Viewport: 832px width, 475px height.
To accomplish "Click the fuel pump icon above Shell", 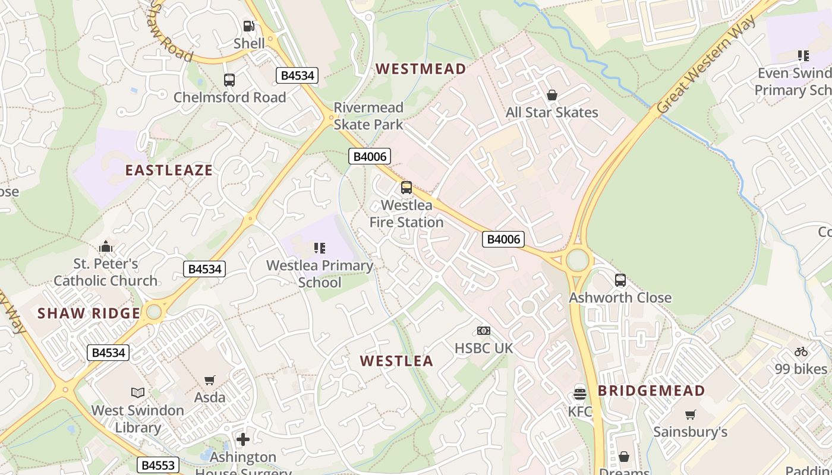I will tap(249, 26).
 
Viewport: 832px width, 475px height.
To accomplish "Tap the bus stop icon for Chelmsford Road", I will tap(229, 80).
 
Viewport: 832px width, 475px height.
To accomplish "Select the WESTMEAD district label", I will tap(420, 69).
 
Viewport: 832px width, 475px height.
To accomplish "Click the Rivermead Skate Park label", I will tap(368, 116).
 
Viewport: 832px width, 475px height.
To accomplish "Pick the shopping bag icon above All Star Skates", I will tap(552, 95).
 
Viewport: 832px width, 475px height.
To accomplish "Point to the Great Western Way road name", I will tap(707, 65).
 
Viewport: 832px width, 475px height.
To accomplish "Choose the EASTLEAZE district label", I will tap(169, 170).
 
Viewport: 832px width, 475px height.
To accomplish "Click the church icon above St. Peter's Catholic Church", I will tap(106, 246).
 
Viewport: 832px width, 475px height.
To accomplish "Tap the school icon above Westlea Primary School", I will tap(320, 248).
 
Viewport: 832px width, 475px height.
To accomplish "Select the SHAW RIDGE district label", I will tap(89, 313).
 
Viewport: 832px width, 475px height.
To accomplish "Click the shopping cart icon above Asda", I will tap(210, 380).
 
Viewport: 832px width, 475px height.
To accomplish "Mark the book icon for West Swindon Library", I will tap(138, 392).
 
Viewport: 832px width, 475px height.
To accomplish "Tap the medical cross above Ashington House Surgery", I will tap(243, 439).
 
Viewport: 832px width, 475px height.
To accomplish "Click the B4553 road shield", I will tap(159, 465).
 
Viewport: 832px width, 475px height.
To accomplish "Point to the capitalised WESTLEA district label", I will tap(396, 361).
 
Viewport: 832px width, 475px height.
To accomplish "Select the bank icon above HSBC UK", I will tap(484, 330).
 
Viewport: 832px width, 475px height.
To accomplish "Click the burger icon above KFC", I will tap(580, 394).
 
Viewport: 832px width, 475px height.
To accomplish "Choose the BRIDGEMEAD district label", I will tap(651, 391).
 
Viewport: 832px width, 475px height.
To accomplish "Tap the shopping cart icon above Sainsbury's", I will tap(690, 414).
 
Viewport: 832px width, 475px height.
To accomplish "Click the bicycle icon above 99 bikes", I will tap(801, 351).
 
